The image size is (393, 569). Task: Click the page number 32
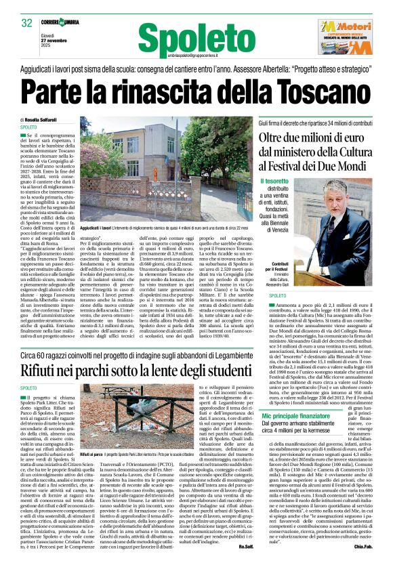(x=27, y=22)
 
